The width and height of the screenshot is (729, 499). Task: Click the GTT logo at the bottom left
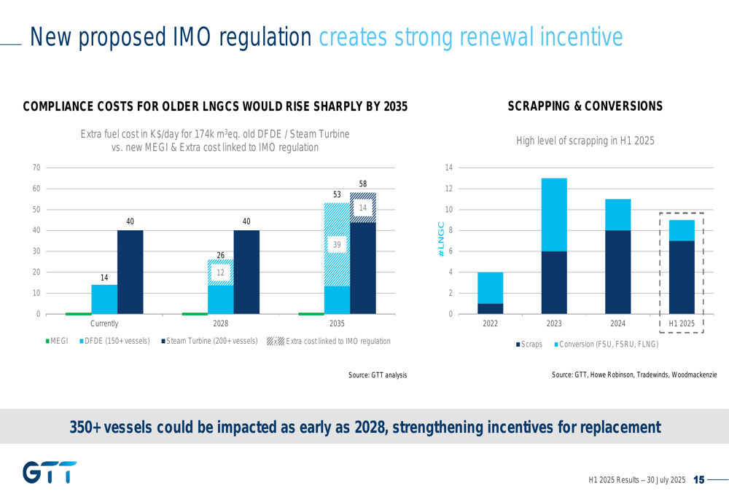(x=50, y=472)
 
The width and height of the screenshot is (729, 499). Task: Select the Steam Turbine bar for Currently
(x=130, y=272)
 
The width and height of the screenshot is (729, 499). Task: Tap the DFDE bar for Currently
(x=104, y=299)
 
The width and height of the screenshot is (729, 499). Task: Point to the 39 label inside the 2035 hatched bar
(x=337, y=245)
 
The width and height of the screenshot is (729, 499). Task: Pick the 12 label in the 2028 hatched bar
(x=220, y=272)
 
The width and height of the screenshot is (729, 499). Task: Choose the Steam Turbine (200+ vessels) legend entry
(x=208, y=341)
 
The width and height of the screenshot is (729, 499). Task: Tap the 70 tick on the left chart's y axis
(x=36, y=168)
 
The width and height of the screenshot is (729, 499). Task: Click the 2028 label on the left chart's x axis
(x=220, y=323)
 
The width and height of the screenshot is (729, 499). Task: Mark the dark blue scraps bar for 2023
(x=554, y=283)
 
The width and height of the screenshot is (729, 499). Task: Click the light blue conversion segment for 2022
(x=490, y=288)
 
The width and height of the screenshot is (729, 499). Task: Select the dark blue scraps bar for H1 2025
(x=682, y=278)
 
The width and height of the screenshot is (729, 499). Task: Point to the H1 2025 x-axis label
(x=682, y=323)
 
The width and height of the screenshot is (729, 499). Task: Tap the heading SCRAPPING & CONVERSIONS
(x=585, y=106)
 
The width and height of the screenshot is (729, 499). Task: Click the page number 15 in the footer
(x=698, y=480)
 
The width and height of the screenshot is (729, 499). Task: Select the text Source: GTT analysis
(x=378, y=374)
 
